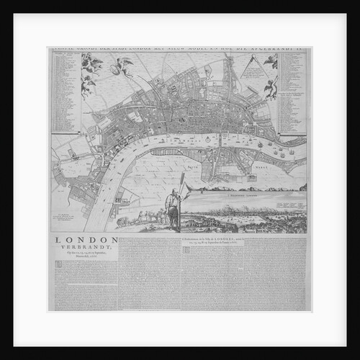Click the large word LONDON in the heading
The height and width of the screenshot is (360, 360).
[85, 240]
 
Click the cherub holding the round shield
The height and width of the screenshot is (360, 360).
[91, 64]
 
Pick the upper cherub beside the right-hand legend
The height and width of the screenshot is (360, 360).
[271, 63]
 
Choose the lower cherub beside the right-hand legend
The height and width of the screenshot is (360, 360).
[271, 88]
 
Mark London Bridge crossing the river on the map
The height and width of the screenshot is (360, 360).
[220, 140]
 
